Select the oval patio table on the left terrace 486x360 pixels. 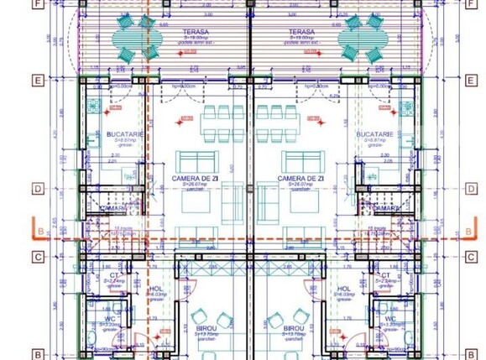(x=128, y=39)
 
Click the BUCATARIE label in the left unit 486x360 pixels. (x=123, y=134)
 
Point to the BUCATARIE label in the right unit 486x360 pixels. (x=374, y=134)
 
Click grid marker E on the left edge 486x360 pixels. (x=37, y=81)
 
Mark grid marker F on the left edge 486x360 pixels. (x=37, y=3)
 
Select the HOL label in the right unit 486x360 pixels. (x=344, y=289)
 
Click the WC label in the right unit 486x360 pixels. (x=390, y=319)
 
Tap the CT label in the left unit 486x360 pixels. (x=113, y=275)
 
